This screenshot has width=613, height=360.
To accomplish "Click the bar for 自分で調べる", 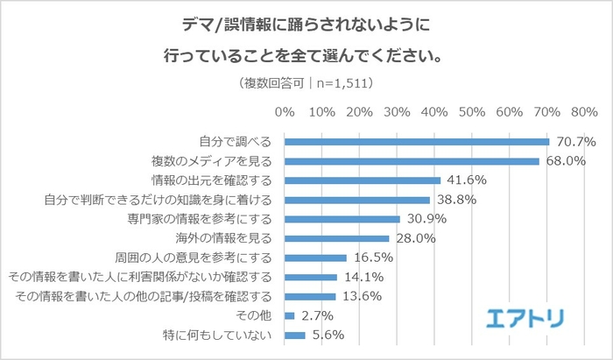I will pyautogui.click(x=417, y=142).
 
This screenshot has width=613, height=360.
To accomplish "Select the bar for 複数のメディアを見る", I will pyautogui.click(x=412, y=161).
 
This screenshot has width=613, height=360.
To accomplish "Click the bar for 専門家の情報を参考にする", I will pyautogui.click(x=342, y=219).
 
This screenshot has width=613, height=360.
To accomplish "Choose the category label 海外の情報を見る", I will pyautogui.click(x=226, y=238).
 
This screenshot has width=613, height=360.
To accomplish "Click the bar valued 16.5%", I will pyautogui.click(x=315, y=258).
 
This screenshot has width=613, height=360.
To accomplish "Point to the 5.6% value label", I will pyautogui.click(x=324, y=335).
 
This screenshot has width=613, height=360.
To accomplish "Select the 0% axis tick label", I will pyautogui.click(x=285, y=112).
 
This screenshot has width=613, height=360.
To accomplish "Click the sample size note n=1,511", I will pyautogui.click(x=344, y=84).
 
